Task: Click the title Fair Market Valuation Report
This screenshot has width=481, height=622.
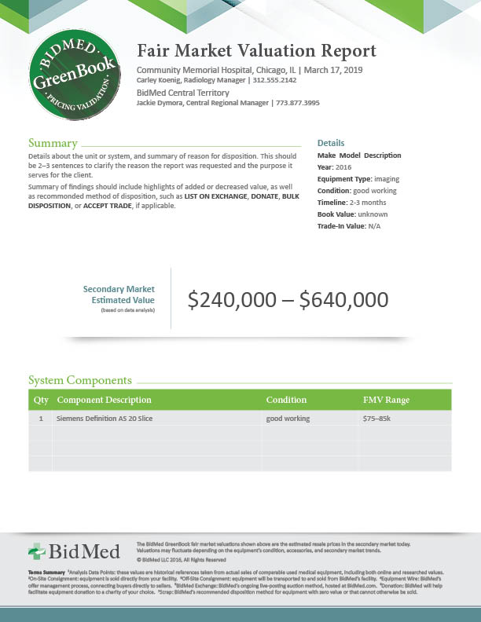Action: (x=256, y=52)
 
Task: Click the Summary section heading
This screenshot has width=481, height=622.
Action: (x=53, y=144)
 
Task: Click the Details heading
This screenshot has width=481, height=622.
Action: (x=331, y=143)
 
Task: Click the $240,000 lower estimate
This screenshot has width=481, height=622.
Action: (x=232, y=299)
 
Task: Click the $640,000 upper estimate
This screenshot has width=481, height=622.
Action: (x=343, y=299)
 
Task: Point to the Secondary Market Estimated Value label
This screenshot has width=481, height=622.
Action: (x=119, y=295)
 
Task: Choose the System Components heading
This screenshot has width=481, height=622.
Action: (x=80, y=380)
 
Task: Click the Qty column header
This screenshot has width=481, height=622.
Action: (x=41, y=400)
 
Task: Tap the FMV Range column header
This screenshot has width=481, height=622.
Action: (x=386, y=400)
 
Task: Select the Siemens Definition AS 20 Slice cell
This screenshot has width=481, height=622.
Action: (x=105, y=419)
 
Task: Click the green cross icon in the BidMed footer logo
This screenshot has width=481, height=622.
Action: (x=38, y=551)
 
